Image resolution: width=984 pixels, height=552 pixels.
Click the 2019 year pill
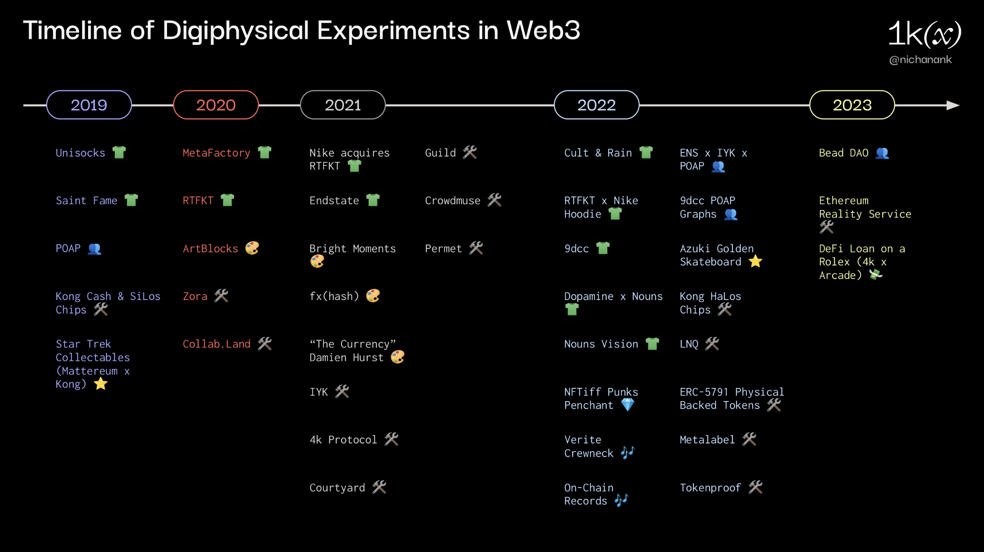[89, 105]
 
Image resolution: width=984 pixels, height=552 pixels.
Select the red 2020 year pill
[216, 105]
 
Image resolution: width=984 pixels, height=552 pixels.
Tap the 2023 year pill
[852, 105]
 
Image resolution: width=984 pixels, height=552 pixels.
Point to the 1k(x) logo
[924, 34]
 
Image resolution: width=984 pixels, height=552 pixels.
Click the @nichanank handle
[920, 60]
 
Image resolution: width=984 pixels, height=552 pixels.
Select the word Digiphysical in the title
[236, 31]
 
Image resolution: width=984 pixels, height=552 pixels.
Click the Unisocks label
[80, 153]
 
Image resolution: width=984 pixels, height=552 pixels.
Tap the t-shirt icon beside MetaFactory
[264, 153]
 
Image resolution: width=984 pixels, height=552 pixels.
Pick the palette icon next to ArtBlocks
[252, 248]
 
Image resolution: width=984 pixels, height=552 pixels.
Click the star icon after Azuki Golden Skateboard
[755, 262]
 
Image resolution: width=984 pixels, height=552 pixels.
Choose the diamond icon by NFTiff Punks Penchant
[627, 405]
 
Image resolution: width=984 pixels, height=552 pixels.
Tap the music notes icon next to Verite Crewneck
[627, 453]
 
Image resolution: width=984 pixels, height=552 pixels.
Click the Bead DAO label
[844, 153]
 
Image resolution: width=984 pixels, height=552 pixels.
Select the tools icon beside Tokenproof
[755, 487]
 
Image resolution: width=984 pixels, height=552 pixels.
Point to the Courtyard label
[337, 487]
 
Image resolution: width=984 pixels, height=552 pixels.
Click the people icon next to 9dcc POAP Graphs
[731, 214]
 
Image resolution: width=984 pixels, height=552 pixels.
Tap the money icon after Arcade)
[875, 275]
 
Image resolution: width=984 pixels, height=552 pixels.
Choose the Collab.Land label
[216, 344]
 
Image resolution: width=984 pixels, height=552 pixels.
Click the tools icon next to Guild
[470, 153]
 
